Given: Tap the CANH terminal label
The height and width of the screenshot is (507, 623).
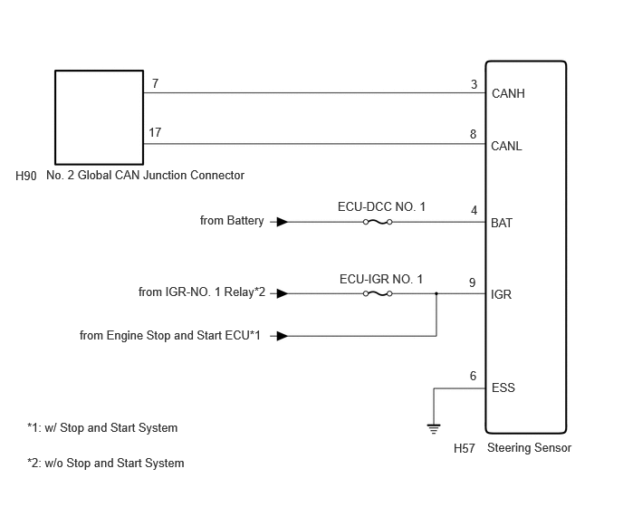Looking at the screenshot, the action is [508, 93].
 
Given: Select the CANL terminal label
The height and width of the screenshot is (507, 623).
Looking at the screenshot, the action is [506, 146].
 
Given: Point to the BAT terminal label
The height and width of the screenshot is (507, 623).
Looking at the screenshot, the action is [502, 223].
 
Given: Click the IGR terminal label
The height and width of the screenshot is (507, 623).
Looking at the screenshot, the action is [501, 294].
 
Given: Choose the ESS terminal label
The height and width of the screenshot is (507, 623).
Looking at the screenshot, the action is [503, 387].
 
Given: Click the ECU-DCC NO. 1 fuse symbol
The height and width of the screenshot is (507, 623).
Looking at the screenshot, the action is [378, 222].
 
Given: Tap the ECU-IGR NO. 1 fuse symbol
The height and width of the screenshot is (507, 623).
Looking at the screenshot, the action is [378, 293].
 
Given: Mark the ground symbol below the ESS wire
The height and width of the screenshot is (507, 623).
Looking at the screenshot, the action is [434, 429].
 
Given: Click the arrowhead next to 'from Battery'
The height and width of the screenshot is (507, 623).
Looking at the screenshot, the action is [283, 222].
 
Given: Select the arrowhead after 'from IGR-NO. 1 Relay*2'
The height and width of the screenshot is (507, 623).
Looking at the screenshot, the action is [283, 293].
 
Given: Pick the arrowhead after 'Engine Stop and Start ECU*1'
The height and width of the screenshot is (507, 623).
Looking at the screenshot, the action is [283, 336].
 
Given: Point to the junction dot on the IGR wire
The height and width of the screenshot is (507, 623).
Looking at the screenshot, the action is [436, 293].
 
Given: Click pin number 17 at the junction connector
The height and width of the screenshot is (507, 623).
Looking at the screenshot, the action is [155, 132].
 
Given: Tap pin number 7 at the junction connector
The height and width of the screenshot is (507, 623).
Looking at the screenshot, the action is [156, 83].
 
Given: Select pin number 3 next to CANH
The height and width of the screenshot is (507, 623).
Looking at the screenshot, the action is [474, 84].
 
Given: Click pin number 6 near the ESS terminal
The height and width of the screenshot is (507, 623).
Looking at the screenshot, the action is [473, 376].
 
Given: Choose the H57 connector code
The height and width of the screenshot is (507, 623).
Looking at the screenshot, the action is [464, 448].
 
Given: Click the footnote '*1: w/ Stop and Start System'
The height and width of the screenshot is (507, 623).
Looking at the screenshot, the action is [102, 428].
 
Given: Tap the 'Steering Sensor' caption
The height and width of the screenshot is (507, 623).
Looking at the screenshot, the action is [529, 448].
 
